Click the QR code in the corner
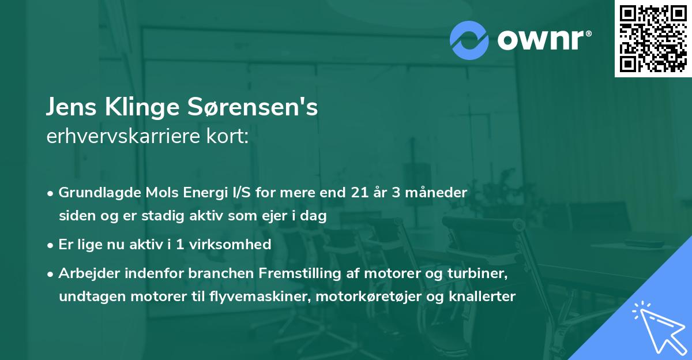click(653, 38)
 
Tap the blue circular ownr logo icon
click(469, 40)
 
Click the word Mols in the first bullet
click(154, 192)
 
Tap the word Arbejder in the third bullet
click(86, 273)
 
